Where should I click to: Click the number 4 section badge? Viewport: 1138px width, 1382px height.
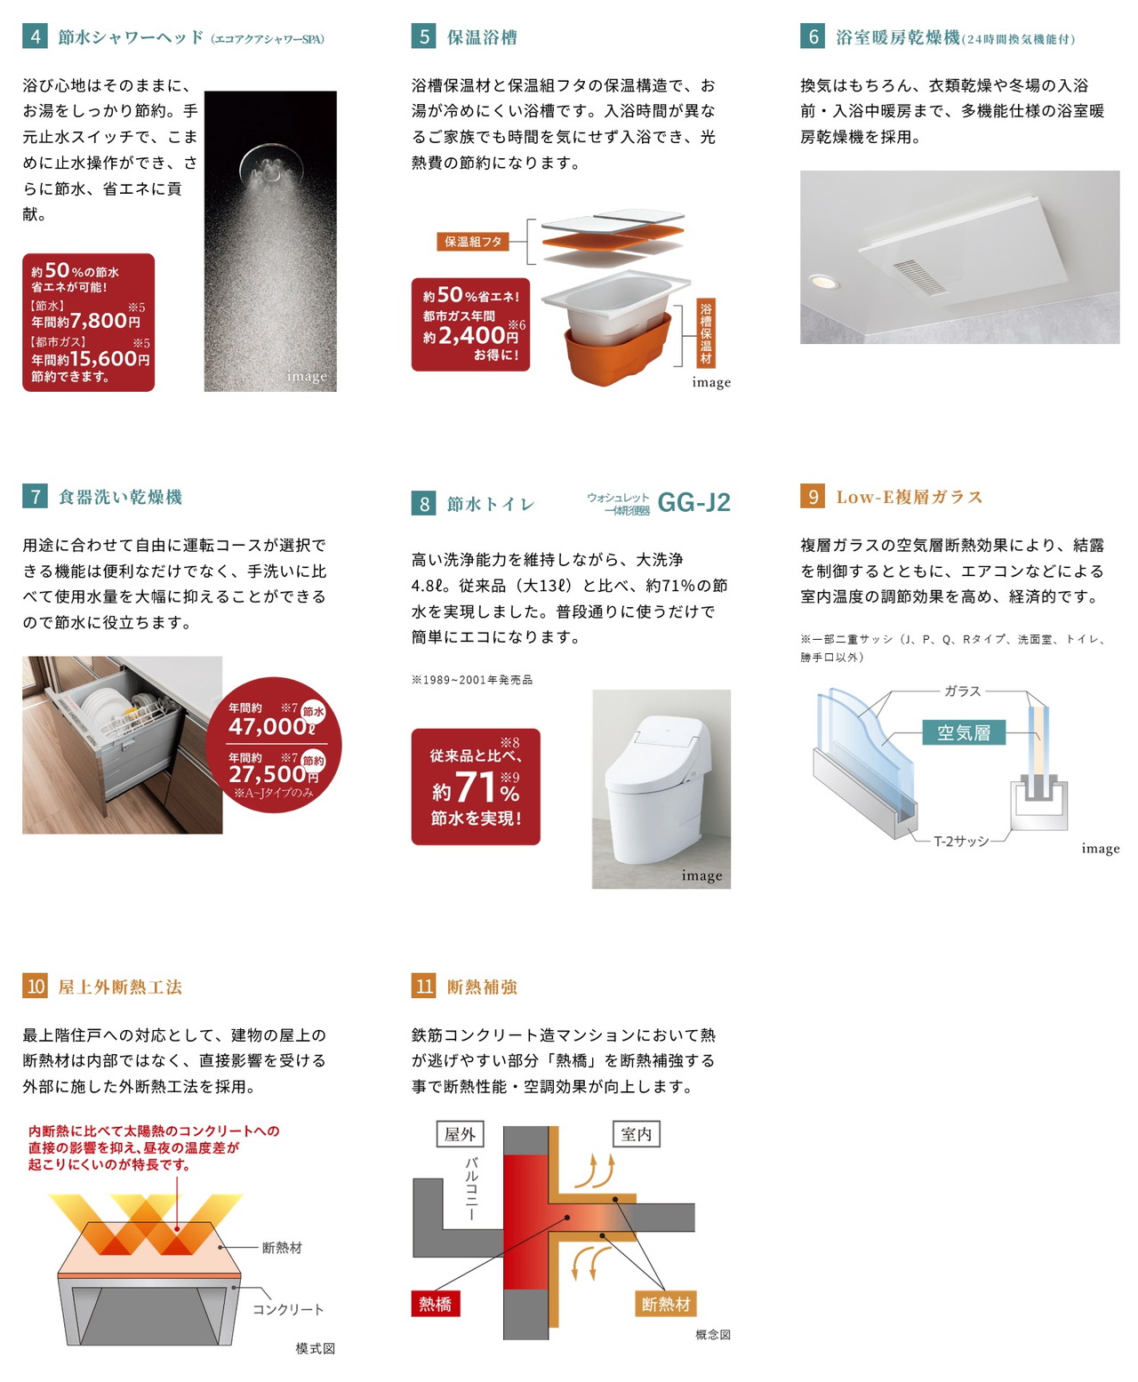click(x=35, y=36)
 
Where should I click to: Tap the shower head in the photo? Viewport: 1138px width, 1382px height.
click(x=271, y=164)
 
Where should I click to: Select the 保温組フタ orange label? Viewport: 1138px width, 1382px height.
click(x=473, y=241)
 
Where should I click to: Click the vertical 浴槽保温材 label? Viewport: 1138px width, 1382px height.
click(x=705, y=333)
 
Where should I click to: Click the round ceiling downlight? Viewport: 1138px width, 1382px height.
click(x=823, y=282)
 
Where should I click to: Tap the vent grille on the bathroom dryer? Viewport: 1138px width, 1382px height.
click(x=919, y=276)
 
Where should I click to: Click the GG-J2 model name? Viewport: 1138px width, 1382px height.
click(x=693, y=503)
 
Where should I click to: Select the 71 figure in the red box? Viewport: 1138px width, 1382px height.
click(x=476, y=787)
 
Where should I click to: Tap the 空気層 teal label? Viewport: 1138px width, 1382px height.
click(x=963, y=732)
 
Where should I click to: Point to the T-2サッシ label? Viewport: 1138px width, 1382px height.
click(x=961, y=841)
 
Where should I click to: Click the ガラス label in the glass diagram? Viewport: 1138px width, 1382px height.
click(x=962, y=691)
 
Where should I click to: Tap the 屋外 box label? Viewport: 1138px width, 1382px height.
click(x=461, y=1134)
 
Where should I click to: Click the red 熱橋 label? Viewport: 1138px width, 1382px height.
click(x=436, y=1304)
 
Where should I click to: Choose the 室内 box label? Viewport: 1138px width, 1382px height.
click(x=636, y=1134)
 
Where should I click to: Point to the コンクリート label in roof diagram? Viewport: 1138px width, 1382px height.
click(x=288, y=1308)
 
